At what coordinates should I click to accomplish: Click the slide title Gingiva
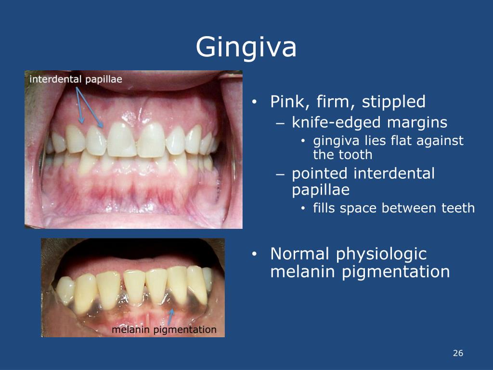pos(246,47)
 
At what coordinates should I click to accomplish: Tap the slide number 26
pos(457,354)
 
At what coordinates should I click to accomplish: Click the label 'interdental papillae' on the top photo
pos(76,79)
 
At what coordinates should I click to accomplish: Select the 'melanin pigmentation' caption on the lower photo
pos(164,330)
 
